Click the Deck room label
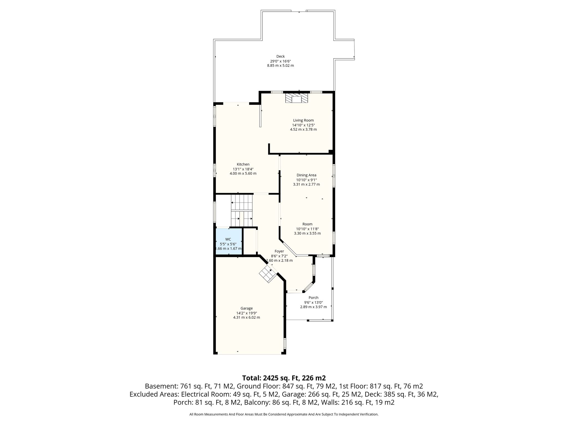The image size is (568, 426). [x=280, y=56]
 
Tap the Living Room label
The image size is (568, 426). [x=303, y=120]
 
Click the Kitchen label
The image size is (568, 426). [x=243, y=164]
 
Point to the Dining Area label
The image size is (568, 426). [x=306, y=175]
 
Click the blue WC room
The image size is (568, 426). [x=229, y=242]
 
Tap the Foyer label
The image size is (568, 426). [x=279, y=251]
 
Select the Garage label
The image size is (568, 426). [x=247, y=308]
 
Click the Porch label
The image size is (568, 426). [x=313, y=298]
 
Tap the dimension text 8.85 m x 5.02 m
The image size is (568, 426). [x=280, y=66]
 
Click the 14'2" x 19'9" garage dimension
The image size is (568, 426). [x=247, y=313]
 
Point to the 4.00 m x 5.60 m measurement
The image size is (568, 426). [x=243, y=174]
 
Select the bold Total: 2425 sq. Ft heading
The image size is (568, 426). [x=284, y=378]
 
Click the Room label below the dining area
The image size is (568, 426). [x=307, y=224]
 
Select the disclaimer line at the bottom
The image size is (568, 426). [x=284, y=414]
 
